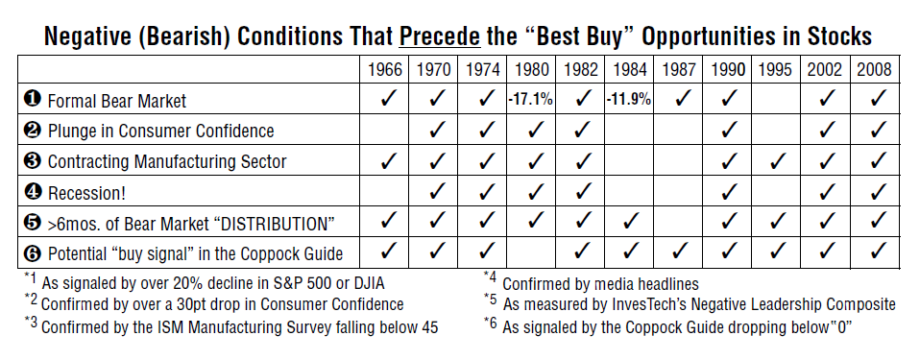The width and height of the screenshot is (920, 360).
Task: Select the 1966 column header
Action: pos(385,70)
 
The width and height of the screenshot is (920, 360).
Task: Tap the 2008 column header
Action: pos(877,70)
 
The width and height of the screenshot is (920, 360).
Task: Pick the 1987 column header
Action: pos(680,70)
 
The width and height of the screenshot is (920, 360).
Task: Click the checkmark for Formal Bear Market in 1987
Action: pos(680,99)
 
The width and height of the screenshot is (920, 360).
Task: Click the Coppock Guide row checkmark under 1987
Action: pos(680,252)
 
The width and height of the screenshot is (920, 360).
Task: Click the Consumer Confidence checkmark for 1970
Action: pos(434,130)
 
